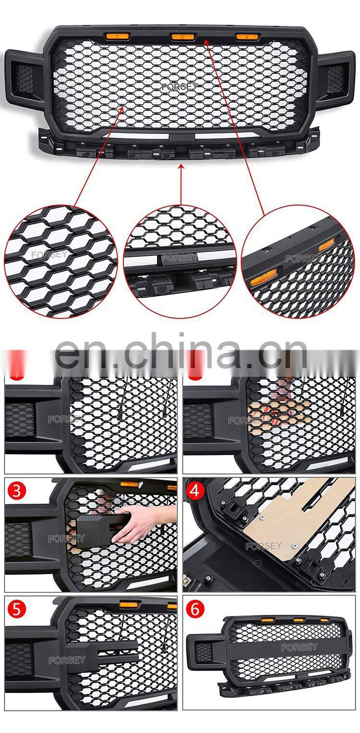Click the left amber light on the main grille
[117, 36]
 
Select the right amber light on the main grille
[246, 36]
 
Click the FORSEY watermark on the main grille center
[180, 87]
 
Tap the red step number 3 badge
[17, 491]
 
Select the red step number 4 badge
[194, 491]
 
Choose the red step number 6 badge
[195, 609]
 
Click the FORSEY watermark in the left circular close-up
[49, 255]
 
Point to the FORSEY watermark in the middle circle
[180, 257]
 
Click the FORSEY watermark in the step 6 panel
[299, 647]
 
